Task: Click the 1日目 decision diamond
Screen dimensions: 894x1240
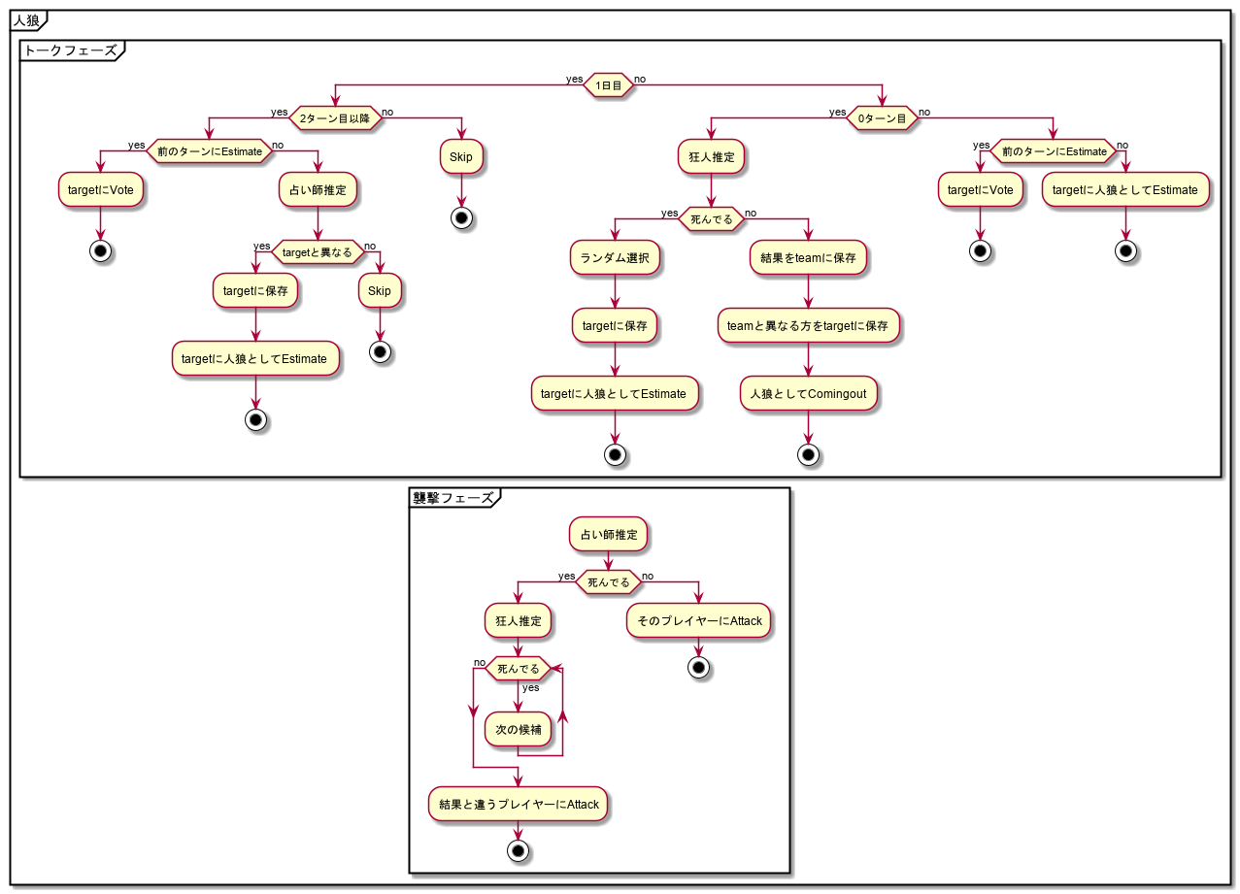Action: coord(609,86)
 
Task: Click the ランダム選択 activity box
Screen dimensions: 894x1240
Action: coord(615,258)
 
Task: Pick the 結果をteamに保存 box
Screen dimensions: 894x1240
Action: coord(808,258)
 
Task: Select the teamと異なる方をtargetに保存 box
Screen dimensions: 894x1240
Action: coord(808,326)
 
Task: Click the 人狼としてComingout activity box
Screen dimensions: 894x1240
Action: coord(808,394)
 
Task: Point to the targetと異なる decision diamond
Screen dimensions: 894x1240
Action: coord(317,252)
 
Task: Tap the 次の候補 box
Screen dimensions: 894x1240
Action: coord(518,729)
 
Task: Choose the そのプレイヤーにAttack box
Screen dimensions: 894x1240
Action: coord(699,621)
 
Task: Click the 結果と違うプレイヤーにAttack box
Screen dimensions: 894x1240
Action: coord(519,804)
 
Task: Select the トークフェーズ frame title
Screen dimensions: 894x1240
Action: coord(70,50)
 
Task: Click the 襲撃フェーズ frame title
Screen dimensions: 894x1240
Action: coord(453,498)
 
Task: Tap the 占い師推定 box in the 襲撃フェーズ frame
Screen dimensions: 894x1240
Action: coord(609,534)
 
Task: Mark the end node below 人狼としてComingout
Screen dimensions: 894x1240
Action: coord(808,454)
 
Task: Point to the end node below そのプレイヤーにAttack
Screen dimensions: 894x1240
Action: coord(699,668)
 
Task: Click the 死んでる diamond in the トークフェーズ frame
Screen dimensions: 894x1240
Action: coord(712,220)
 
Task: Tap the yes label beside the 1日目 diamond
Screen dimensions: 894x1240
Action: coord(575,78)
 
